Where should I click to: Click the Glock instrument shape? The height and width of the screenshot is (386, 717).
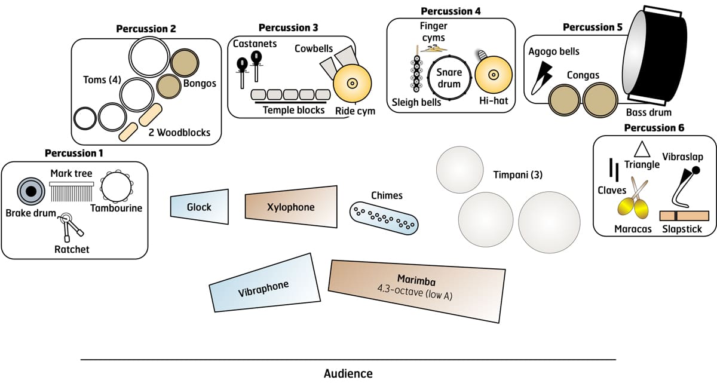pos(200,207)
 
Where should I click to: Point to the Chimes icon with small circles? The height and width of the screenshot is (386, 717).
pos(384,216)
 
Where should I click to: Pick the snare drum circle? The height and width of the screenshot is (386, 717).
pos(449,78)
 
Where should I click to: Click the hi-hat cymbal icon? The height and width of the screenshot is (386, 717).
pos(494,75)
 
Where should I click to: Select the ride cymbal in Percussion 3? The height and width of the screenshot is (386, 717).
pos(353,84)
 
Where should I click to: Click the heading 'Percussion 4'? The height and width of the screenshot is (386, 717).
pos(451,11)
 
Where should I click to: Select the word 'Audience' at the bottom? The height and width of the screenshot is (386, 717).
pos(348,374)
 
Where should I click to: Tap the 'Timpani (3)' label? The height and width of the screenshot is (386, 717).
pos(517,175)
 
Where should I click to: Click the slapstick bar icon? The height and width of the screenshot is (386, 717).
pos(684,216)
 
